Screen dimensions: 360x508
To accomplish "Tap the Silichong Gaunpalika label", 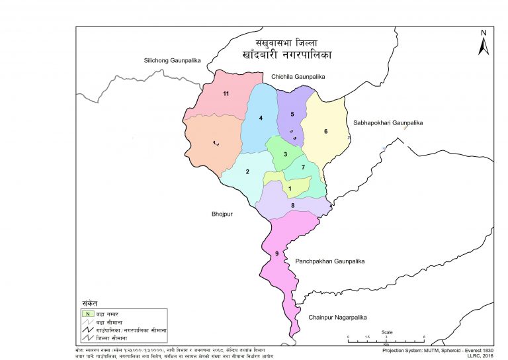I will (x=172, y=61).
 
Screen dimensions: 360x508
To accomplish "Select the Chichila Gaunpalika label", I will (x=298, y=77).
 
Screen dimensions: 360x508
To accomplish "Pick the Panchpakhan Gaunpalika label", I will (x=330, y=261).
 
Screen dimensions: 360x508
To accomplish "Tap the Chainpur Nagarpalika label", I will (x=338, y=318).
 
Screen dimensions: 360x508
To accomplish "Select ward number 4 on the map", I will (x=261, y=118).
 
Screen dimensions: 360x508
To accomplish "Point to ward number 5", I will (x=292, y=114).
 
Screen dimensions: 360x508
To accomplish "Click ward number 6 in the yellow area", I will (x=325, y=131).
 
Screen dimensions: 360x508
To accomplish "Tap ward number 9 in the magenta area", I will (x=276, y=255).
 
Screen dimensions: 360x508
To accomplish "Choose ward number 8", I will (x=292, y=206).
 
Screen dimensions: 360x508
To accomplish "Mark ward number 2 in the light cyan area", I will (x=247, y=173).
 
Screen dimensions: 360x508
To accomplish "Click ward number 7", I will (x=303, y=167).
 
